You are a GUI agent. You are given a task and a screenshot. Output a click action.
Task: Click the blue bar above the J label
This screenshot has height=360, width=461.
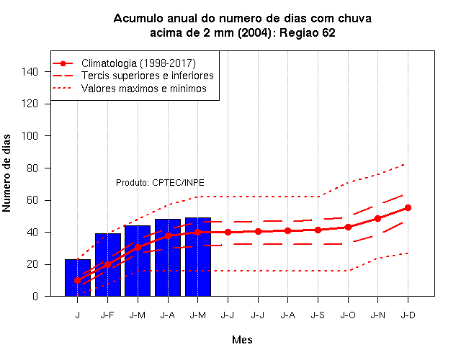(x=78, y=278)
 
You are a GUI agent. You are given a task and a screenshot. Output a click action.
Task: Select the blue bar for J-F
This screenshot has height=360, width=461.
(x=108, y=265)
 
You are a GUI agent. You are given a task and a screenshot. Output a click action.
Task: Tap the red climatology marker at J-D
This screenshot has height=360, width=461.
(x=408, y=208)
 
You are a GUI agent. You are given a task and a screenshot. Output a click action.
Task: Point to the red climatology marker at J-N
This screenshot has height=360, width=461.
(x=377, y=219)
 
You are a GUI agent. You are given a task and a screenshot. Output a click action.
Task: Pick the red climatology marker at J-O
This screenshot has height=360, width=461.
(x=348, y=228)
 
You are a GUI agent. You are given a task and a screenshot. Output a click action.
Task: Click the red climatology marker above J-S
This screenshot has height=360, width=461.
(x=318, y=230)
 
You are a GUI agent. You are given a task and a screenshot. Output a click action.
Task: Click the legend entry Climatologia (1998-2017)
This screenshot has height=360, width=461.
(x=138, y=63)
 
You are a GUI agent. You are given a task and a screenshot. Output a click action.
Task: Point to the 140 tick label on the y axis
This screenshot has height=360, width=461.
(x=30, y=72)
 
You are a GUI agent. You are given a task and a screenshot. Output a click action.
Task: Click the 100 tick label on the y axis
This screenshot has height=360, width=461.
(x=30, y=136)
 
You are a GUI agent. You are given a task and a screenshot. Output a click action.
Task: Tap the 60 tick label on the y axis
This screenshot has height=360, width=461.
(x=32, y=200)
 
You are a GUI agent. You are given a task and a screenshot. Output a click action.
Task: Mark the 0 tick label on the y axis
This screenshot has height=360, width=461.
(x=35, y=296)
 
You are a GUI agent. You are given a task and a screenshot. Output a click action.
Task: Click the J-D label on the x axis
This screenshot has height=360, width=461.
(x=408, y=315)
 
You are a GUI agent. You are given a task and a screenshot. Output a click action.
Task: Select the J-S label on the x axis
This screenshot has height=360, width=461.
(x=318, y=315)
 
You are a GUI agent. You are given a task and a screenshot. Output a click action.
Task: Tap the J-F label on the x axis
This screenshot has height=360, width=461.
(x=107, y=315)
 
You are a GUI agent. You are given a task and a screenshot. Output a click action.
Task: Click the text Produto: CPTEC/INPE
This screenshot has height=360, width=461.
(x=160, y=183)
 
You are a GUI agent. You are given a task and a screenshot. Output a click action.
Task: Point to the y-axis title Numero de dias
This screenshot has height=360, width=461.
(x=6, y=173)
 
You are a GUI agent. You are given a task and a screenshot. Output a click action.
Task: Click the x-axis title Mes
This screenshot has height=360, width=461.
(x=242, y=340)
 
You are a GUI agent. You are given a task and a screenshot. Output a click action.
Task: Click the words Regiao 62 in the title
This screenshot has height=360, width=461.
(x=308, y=33)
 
